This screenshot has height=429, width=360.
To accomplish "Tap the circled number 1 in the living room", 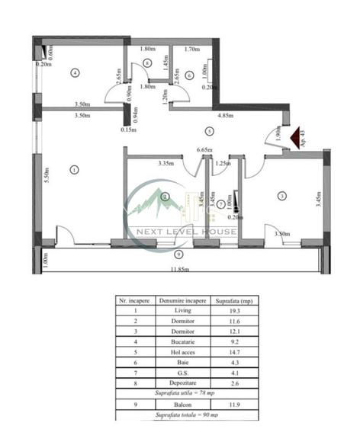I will tap(73, 170).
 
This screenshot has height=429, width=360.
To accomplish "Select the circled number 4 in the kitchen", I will tap(74, 72).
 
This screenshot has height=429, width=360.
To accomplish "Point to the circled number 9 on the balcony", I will tap(178, 254).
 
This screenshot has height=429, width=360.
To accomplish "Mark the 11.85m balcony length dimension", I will tap(178, 268).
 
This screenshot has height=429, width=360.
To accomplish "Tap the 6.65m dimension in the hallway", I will tap(204, 150).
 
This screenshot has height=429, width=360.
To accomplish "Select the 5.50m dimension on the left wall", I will tap(47, 178).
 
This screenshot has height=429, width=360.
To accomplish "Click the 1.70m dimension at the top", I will tap(191, 50).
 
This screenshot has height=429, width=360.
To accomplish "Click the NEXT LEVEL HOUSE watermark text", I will tap(186, 232).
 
